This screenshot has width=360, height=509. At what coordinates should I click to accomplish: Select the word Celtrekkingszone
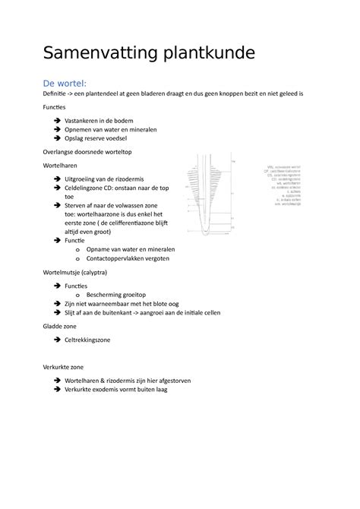pyautogui.click(x=88, y=340)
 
